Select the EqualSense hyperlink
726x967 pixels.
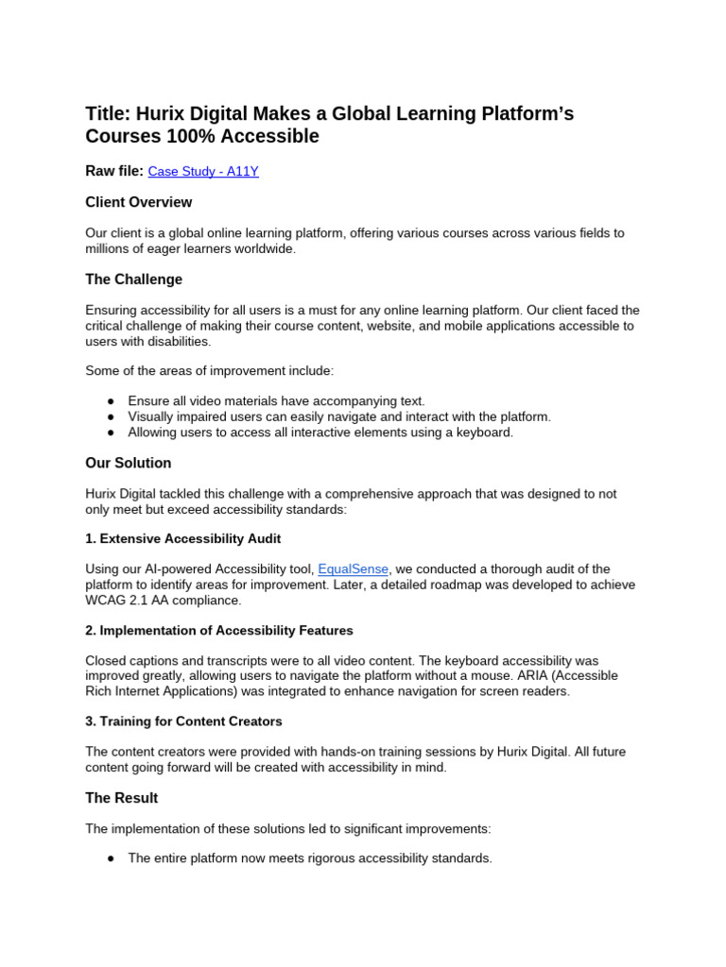point(354,568)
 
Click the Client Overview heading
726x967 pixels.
point(138,202)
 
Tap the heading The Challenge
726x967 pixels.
point(133,280)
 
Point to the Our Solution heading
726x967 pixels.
point(129,463)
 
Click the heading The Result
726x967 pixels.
point(122,798)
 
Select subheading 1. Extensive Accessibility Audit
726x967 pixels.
point(182,538)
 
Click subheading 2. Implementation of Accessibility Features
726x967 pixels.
point(219,630)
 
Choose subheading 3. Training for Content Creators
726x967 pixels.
point(183,721)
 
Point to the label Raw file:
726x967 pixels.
point(114,171)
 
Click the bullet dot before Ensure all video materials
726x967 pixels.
point(111,401)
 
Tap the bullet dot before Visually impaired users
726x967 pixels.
point(111,416)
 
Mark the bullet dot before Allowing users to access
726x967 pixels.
point(111,433)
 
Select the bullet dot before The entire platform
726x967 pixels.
point(111,858)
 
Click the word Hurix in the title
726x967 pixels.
point(160,114)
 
